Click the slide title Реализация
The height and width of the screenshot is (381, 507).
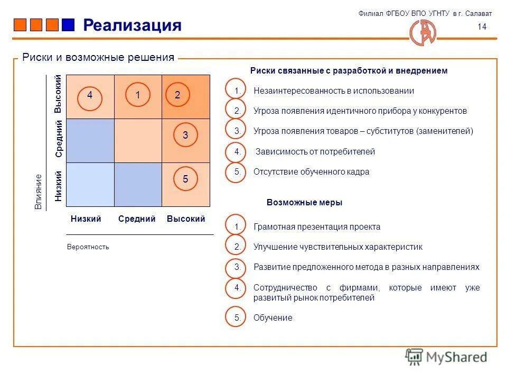(132, 25)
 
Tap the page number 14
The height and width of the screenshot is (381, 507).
(482, 28)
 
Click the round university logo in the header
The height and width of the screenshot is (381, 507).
(424, 32)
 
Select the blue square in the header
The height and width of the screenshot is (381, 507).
(68, 25)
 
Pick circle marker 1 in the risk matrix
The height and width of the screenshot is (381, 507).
(137, 95)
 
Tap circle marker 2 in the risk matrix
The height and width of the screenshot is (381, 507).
(177, 95)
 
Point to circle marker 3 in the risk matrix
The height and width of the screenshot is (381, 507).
(185, 135)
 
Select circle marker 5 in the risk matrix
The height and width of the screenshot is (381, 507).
(185, 179)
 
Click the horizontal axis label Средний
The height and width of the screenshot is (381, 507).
(137, 219)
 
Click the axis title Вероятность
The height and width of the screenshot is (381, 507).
(88, 247)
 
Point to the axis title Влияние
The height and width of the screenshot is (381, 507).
(38, 192)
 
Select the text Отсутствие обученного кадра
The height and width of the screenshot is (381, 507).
(311, 171)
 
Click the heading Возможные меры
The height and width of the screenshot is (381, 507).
(304, 202)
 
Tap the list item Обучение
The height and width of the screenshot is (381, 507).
(273, 317)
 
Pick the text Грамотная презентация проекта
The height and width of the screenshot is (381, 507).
(317, 226)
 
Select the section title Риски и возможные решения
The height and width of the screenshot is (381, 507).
(98, 57)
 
